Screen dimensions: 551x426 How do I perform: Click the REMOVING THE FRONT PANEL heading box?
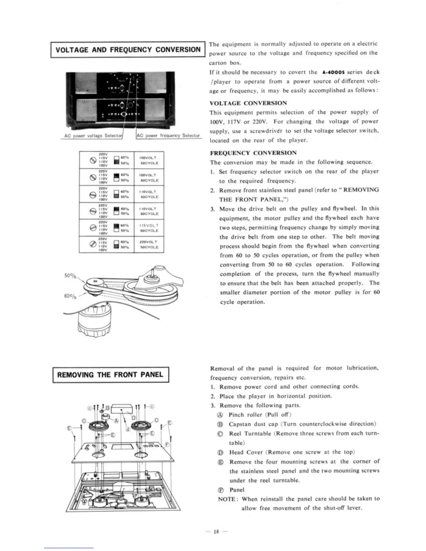[110, 375]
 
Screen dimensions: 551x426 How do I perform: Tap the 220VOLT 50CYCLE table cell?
[149, 244]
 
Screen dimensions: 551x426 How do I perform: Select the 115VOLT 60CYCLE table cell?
[149, 228]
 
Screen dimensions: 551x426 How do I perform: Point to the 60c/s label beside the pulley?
[71, 296]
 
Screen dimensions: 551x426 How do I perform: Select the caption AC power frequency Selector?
[168, 136]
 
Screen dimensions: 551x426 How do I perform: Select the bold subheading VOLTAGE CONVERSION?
[248, 103]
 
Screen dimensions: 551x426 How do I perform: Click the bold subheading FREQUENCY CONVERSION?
[253, 153]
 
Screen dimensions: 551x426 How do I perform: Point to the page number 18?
[216, 532]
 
